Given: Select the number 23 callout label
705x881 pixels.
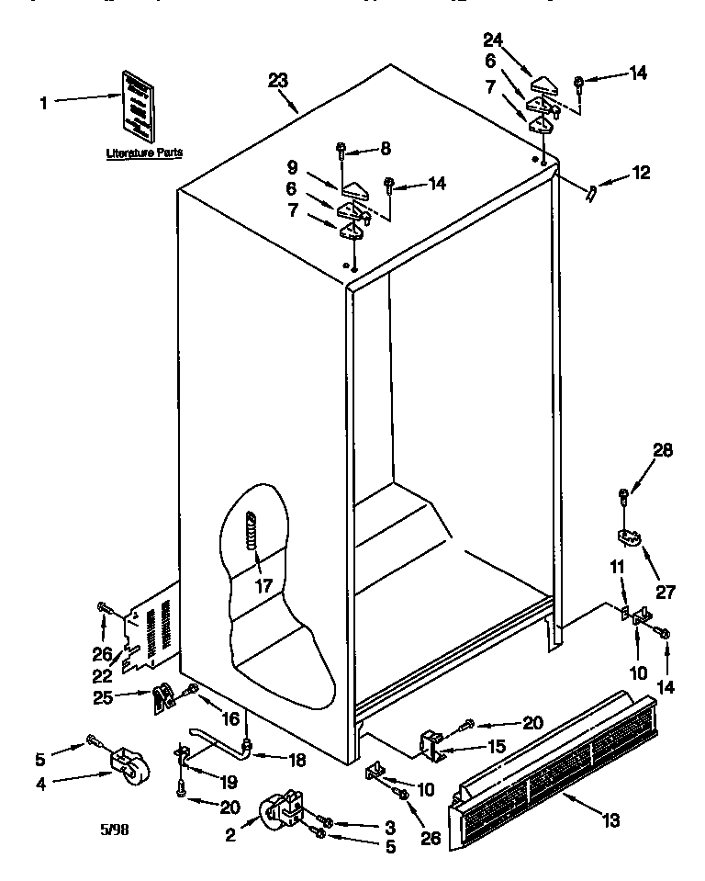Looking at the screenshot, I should pos(279,81).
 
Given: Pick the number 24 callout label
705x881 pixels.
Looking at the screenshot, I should pos(494,40).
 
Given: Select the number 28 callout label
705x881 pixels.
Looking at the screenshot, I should pos(663,450).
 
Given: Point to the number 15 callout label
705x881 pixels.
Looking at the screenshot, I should pos(496,747).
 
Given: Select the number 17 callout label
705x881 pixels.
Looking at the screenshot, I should pos(263,585).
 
